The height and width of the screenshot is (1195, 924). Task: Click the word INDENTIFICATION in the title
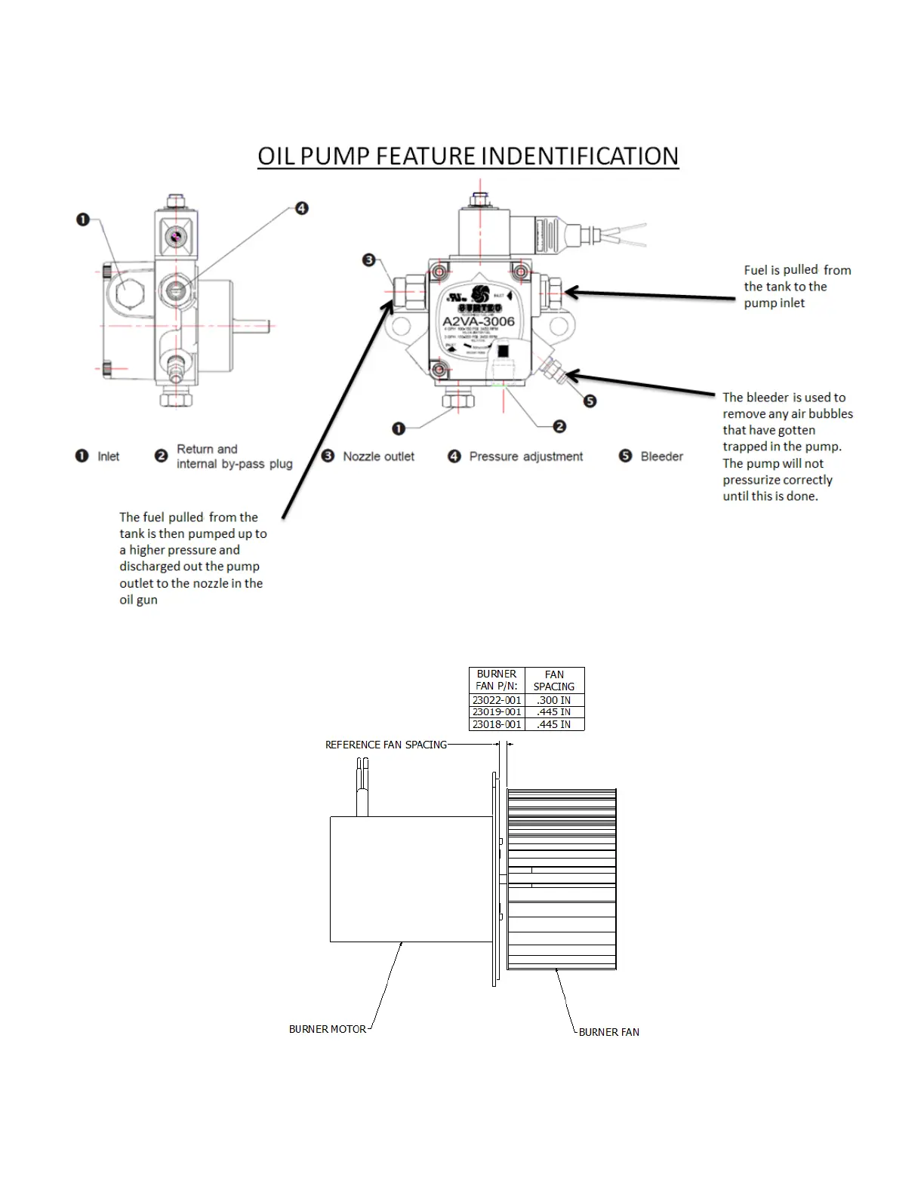579,156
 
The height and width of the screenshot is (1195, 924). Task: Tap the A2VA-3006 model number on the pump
478,321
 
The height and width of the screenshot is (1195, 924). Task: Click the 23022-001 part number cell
497,700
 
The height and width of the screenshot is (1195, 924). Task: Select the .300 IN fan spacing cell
554,700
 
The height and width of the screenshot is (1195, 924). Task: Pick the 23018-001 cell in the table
497,724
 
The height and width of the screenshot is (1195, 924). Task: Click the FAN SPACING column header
554,680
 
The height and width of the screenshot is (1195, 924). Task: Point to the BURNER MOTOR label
327,1029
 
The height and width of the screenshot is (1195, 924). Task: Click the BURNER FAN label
608,1032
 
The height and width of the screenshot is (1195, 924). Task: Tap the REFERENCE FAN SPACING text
386,745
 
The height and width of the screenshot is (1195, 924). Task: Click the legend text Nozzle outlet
378,456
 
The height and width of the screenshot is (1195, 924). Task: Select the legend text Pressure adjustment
526,456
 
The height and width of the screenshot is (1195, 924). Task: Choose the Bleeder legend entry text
661,456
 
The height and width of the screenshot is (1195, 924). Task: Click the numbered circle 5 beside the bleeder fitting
590,401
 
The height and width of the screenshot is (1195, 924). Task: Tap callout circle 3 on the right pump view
368,260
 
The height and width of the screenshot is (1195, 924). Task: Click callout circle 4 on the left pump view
301,208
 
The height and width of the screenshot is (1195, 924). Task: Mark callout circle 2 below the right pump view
559,427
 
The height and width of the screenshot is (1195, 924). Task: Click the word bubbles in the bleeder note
830,413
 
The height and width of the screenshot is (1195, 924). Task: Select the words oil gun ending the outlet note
138,600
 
